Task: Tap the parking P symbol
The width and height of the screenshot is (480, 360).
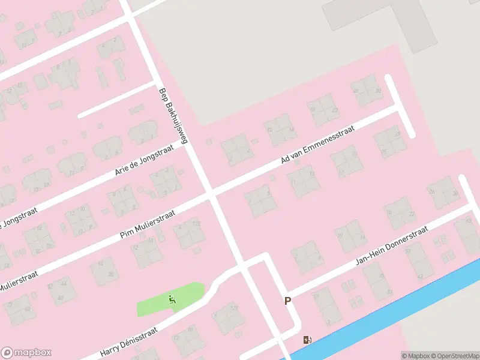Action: click(x=287, y=301)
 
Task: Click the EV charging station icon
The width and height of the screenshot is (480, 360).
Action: click(x=308, y=340)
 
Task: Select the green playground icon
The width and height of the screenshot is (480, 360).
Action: click(x=172, y=299)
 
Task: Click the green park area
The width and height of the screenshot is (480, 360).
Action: click(x=156, y=303)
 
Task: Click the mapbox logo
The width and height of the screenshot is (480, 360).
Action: click(x=26, y=352)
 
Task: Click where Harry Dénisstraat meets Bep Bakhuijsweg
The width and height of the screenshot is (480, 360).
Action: click(x=242, y=266)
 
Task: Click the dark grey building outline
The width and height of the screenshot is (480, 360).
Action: click(x=384, y=18)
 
